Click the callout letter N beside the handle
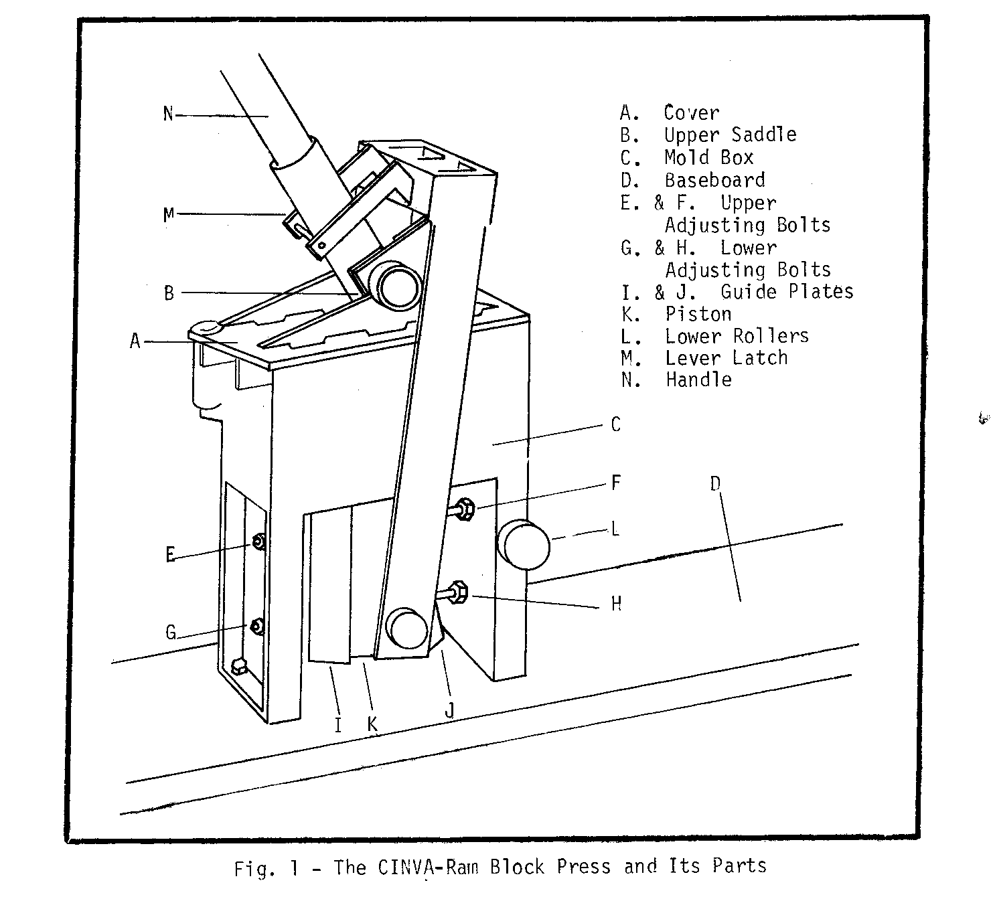(x=168, y=114)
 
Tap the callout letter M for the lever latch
(x=169, y=214)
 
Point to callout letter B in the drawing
(x=169, y=293)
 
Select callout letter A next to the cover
(x=135, y=342)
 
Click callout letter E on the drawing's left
(x=171, y=554)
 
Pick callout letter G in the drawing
(x=171, y=632)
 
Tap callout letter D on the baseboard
(x=715, y=483)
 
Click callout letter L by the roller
(x=615, y=529)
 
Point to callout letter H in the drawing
(x=616, y=604)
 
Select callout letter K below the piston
(x=372, y=724)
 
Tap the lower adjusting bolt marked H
(x=459, y=593)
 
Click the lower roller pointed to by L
(x=526, y=545)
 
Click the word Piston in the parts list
(x=698, y=314)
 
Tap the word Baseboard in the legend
(x=714, y=180)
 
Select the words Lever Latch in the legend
(x=726, y=358)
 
